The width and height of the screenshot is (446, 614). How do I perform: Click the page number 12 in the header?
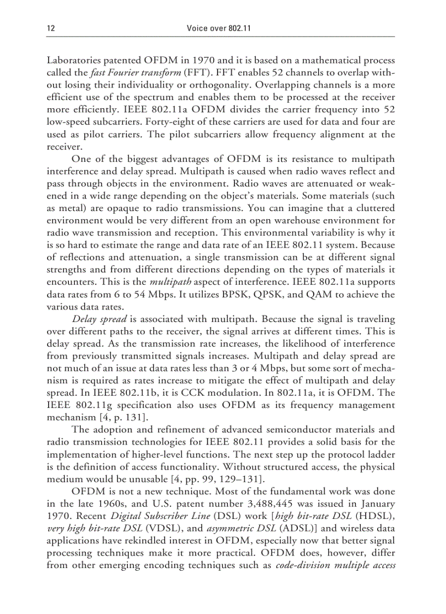[51, 28]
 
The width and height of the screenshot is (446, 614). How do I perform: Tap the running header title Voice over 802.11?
[219, 28]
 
